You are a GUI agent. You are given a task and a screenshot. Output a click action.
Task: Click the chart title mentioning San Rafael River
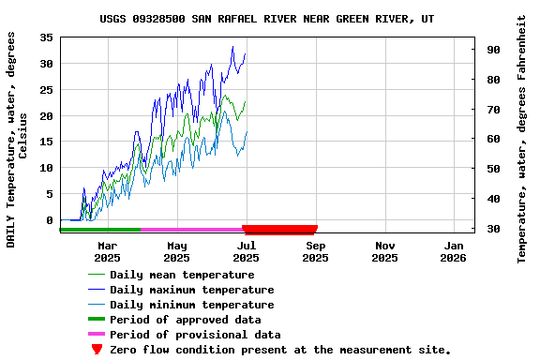[267, 19]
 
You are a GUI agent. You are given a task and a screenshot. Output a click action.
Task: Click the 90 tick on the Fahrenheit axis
[493, 50]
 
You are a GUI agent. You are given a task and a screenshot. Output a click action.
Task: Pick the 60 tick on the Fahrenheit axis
[493, 139]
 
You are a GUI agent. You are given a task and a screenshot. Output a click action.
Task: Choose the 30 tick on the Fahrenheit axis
[493, 229]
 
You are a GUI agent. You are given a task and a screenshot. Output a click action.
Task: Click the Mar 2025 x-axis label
[107, 251]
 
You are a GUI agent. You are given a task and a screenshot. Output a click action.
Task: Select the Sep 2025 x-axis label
[315, 251]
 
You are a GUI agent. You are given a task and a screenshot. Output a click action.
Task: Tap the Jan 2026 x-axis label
[454, 251]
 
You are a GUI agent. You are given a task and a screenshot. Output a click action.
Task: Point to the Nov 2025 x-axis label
[384, 251]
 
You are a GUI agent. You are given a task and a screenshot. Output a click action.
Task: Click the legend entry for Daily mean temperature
[182, 275]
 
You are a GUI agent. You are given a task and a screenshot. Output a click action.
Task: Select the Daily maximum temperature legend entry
[191, 290]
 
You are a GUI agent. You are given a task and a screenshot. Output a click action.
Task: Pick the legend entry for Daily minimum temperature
[191, 305]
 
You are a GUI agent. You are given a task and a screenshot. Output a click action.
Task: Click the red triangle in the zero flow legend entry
[97, 350]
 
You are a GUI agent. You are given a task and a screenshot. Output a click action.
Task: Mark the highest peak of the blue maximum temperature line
[232, 47]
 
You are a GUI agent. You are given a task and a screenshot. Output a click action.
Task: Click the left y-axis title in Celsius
[17, 139]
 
